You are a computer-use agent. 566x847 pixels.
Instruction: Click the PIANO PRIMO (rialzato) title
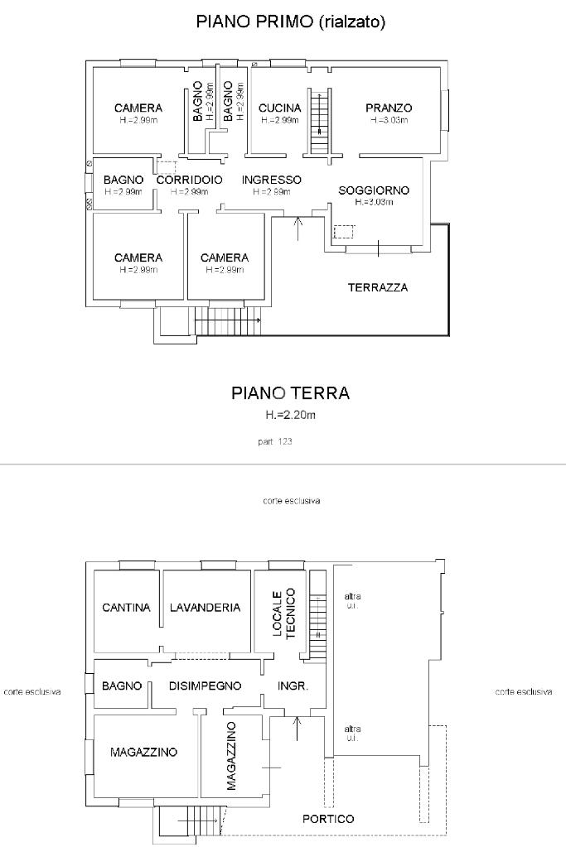[290, 22]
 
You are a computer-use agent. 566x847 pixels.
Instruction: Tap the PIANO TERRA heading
[290, 392]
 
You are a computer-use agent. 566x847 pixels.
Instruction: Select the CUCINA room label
[279, 108]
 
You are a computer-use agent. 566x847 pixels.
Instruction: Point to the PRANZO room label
[389, 108]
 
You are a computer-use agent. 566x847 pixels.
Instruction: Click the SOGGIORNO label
[374, 190]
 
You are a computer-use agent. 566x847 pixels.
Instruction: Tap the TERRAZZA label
[378, 287]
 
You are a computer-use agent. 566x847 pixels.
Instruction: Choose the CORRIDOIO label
[189, 180]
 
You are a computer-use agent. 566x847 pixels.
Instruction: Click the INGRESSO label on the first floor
[271, 180]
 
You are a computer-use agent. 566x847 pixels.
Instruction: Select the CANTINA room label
[126, 608]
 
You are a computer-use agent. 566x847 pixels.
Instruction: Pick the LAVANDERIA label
[205, 608]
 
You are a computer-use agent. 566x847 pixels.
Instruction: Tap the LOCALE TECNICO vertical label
[283, 614]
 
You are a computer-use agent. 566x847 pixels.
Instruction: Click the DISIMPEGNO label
[205, 686]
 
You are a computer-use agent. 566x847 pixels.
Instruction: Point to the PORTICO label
[328, 819]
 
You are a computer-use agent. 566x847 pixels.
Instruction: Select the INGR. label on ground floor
[293, 686]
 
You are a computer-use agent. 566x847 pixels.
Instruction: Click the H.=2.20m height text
[290, 416]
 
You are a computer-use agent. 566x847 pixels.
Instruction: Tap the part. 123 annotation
[275, 441]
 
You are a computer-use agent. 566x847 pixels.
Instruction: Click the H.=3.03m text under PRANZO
[389, 120]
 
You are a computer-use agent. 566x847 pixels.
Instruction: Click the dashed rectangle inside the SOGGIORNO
[344, 232]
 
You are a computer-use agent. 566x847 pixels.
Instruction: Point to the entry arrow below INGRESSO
[298, 228]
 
